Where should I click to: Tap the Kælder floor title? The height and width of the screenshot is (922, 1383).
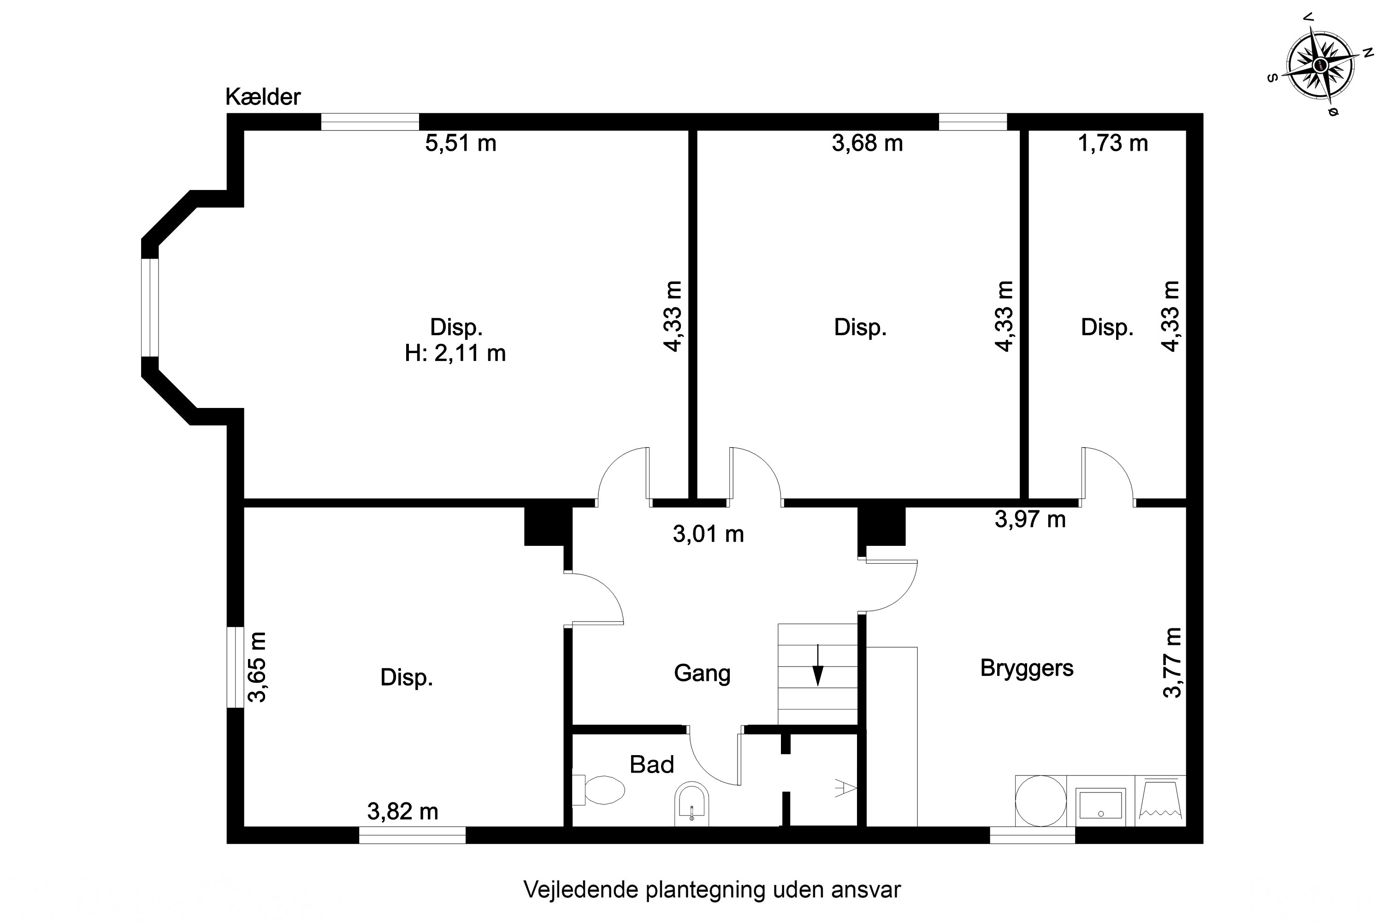[263, 97]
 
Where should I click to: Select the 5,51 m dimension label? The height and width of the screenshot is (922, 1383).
[461, 143]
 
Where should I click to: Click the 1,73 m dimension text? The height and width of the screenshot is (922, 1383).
[1112, 143]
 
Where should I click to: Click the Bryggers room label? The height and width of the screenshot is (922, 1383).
[1027, 668]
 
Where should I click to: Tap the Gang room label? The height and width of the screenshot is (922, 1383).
[702, 673]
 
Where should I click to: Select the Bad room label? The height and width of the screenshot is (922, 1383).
[651, 764]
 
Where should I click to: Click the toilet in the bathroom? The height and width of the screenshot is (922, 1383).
[600, 790]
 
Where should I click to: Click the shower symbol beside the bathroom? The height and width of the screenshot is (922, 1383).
[845, 788]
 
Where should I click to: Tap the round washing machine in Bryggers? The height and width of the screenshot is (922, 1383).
[1041, 801]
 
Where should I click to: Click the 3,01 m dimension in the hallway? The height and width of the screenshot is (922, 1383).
[708, 534]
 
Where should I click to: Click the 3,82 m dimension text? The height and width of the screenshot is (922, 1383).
[403, 812]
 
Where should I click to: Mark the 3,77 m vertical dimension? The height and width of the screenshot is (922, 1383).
[1171, 663]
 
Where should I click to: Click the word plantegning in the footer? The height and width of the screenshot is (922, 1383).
[706, 890]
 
